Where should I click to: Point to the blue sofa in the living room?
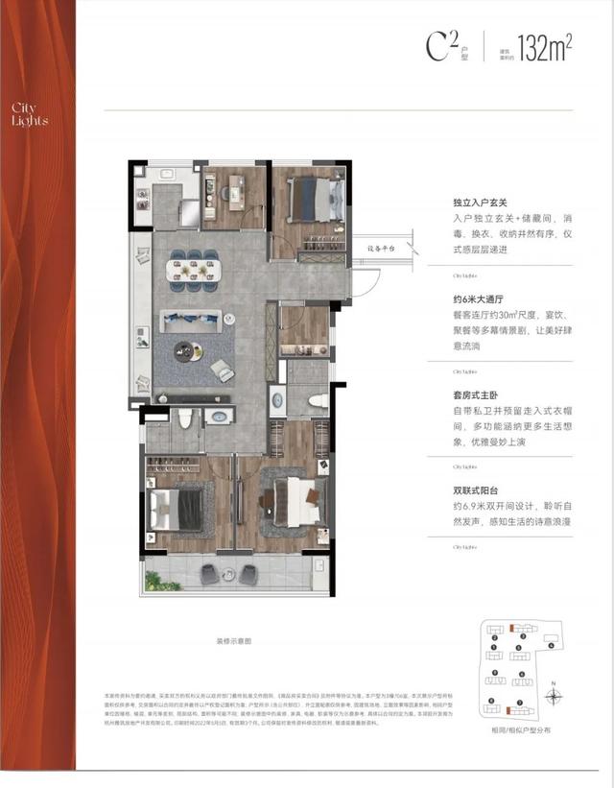pos(191,319)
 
